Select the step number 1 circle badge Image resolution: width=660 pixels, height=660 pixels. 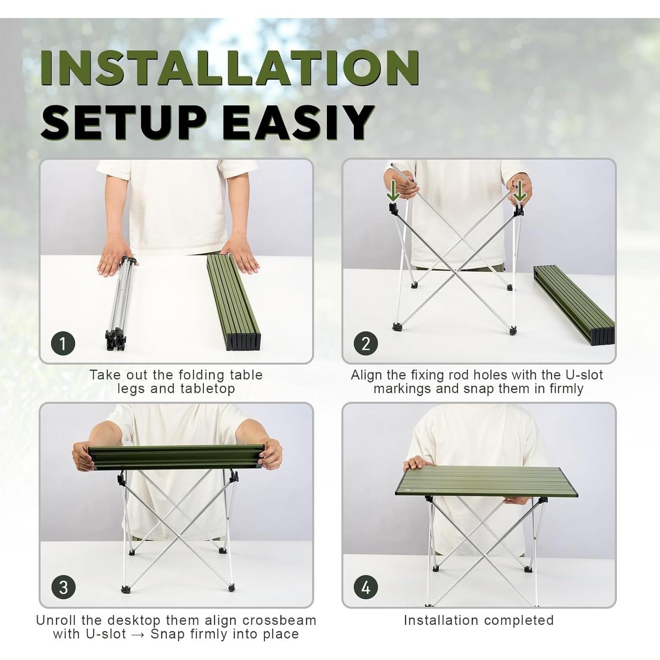(x=63, y=343)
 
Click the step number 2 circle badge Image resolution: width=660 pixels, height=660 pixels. (x=366, y=343)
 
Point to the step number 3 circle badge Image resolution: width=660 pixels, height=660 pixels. (x=63, y=587)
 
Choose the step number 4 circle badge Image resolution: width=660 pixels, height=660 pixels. (x=366, y=587)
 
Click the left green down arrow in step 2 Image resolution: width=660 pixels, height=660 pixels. (x=393, y=191)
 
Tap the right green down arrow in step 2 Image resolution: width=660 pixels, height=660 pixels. (x=520, y=190)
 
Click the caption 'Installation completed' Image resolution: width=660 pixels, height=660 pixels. (x=479, y=620)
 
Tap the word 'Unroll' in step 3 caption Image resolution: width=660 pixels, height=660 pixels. (x=56, y=620)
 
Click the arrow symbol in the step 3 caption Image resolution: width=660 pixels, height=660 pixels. (x=138, y=634)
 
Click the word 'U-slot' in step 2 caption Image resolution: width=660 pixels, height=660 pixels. (x=583, y=375)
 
